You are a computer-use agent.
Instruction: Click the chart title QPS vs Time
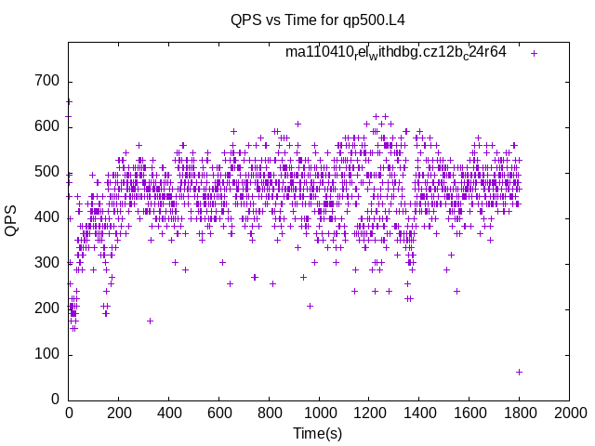click(318, 19)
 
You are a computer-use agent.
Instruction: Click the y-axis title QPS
click(12, 221)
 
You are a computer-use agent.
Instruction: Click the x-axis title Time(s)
click(318, 433)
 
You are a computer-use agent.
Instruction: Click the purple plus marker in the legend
click(534, 53)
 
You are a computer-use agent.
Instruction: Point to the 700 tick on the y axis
click(48, 81)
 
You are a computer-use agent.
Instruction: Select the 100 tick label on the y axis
click(48, 354)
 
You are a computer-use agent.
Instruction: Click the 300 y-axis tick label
click(48, 263)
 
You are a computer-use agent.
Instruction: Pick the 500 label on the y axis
click(48, 172)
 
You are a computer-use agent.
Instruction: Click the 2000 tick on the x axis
click(569, 412)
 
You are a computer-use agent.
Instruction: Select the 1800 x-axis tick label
click(519, 412)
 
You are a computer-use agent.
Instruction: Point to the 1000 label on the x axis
click(319, 412)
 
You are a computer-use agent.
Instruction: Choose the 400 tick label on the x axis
click(169, 412)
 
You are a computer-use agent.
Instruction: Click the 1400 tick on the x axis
click(419, 412)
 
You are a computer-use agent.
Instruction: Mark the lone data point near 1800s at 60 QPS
click(519, 372)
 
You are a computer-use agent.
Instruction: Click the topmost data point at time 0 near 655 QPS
click(69, 102)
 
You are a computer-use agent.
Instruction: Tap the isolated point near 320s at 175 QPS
click(150, 321)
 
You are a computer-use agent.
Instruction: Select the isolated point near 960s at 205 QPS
click(310, 306)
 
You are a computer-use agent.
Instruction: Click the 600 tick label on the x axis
click(219, 412)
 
